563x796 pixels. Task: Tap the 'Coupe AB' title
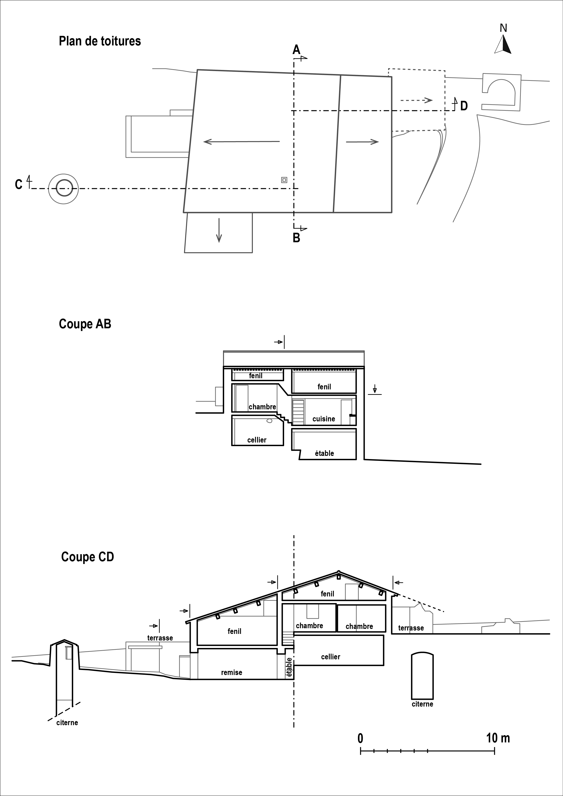tap(85, 324)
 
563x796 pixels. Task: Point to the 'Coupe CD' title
tap(87, 557)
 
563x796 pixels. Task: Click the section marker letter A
tap(296, 50)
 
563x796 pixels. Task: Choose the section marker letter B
tap(296, 238)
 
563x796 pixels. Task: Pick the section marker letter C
tap(19, 184)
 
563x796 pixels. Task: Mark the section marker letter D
tap(464, 106)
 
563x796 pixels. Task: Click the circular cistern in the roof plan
tap(64, 189)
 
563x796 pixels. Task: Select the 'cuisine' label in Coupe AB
tap(324, 419)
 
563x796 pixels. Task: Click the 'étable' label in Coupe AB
tap(324, 453)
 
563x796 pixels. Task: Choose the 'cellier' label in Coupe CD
tap(331, 657)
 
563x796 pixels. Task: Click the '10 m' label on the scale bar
tap(498, 738)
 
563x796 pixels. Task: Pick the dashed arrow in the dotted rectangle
tap(416, 100)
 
